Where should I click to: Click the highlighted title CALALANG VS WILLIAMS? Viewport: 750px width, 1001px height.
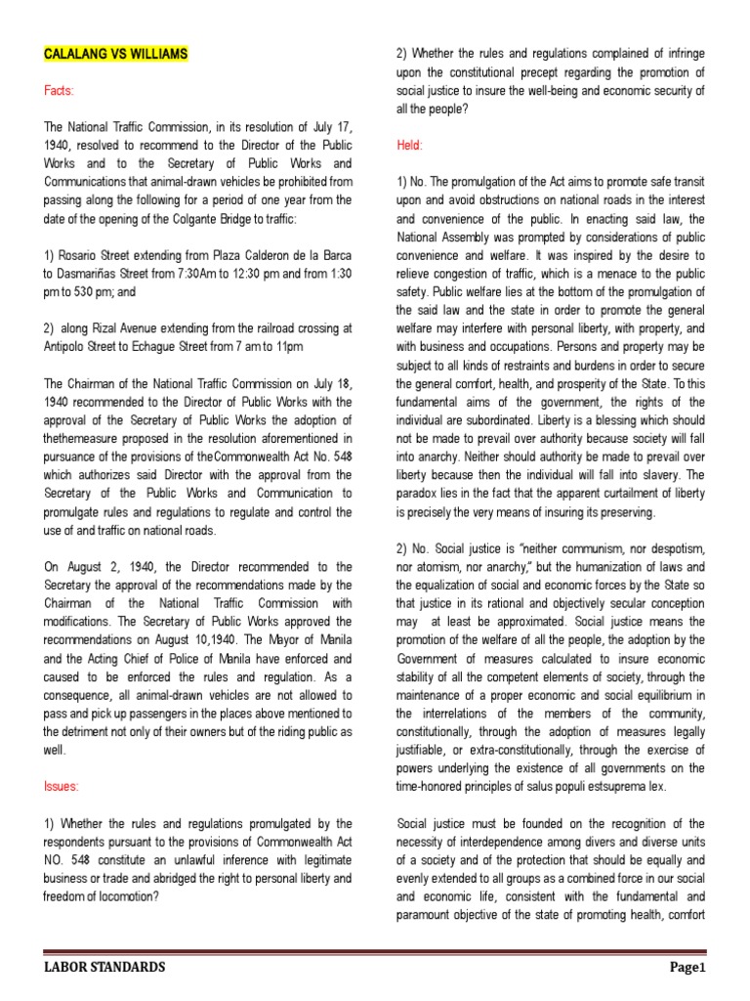[115, 56]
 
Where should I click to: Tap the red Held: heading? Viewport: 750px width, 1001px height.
[409, 145]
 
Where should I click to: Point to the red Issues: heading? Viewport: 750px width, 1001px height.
[62, 786]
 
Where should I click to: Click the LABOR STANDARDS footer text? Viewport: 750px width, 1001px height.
[104, 968]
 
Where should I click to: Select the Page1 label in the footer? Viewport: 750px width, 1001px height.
[687, 968]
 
